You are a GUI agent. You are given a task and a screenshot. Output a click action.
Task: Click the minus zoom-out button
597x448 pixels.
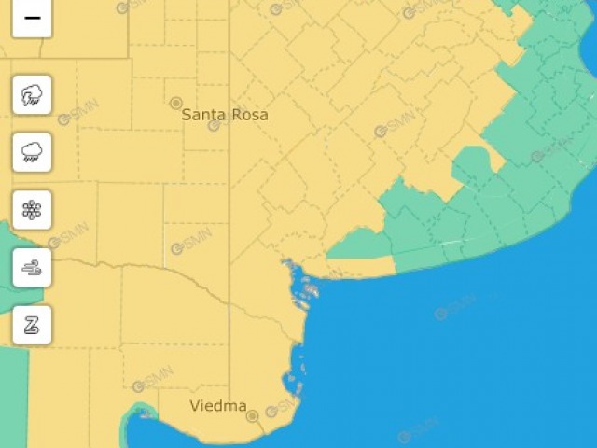(32, 18)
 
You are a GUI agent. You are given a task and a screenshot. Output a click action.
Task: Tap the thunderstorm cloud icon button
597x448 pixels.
(32, 94)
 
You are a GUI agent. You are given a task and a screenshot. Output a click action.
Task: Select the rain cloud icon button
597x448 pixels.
(32, 152)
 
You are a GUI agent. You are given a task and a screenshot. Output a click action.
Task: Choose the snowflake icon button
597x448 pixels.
(32, 210)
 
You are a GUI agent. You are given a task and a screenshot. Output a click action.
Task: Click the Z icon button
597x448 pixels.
(32, 325)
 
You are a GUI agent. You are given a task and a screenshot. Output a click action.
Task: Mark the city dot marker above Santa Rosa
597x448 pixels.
(176, 102)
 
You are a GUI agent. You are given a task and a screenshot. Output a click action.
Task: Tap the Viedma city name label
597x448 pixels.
(217, 406)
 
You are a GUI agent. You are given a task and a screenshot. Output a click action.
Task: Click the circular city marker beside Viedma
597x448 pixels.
(252, 416)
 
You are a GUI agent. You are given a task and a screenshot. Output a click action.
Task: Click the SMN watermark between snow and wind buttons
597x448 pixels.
(67, 238)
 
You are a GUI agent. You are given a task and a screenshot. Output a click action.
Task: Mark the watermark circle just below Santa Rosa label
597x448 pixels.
(214, 126)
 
